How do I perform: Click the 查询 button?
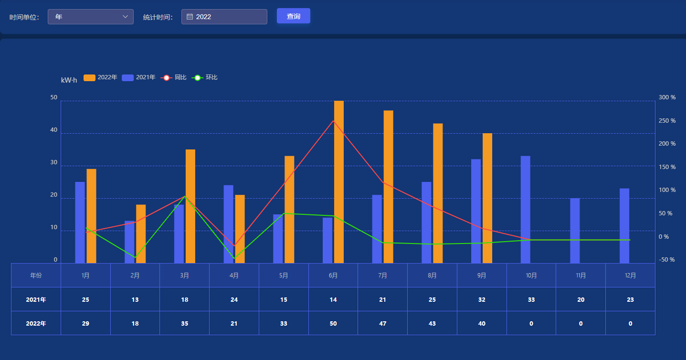pos(293,16)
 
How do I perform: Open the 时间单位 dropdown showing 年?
pos(91,17)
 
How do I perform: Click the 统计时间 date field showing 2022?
pos(224,17)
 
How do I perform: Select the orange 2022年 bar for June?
pos(338,181)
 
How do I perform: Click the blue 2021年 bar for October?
pos(526,209)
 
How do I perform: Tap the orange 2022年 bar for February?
pos(141,233)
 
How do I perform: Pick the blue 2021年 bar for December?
pos(624,225)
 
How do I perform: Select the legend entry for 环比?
pos(205,77)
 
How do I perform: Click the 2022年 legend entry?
pos(100,77)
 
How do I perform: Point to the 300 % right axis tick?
pos(667,97)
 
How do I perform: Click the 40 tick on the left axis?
pos(54,130)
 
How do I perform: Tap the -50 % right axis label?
pos(667,260)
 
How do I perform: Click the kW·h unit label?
pos(69,80)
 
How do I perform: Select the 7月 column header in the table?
pos(382,275)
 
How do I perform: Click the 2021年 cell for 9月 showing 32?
pos(482,299)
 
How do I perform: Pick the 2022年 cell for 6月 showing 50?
pos(333,323)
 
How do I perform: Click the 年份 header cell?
pos(36,275)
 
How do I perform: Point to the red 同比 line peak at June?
pos(333,121)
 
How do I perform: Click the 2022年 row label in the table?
pos(36,323)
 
